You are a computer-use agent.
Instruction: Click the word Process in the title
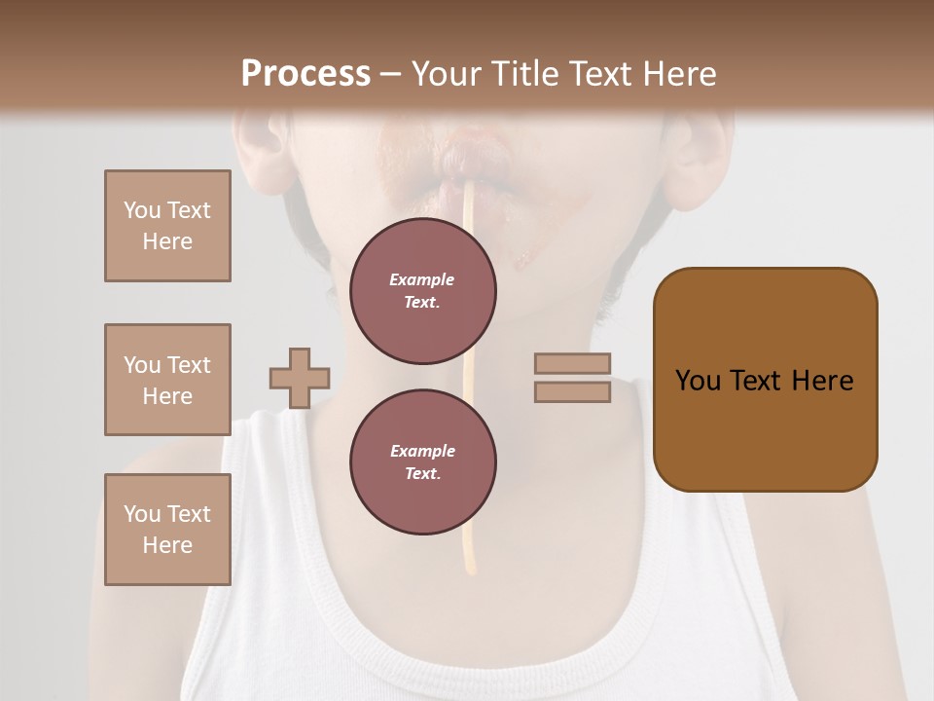305,74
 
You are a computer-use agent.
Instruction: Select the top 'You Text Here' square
167,226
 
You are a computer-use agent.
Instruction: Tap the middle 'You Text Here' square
167,380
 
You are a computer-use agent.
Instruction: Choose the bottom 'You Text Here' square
167,529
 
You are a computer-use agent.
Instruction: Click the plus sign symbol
300,378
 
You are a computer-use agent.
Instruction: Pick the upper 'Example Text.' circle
423,291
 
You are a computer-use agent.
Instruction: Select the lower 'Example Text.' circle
423,462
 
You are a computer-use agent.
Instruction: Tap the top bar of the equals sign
573,363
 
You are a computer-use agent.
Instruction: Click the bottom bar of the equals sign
573,391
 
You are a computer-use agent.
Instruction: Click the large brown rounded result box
765,380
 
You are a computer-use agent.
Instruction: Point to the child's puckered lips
474,158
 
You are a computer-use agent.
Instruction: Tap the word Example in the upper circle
421,279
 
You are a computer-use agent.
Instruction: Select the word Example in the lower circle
422,451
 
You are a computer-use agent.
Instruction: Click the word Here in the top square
167,241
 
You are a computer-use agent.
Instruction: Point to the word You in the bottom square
142,513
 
